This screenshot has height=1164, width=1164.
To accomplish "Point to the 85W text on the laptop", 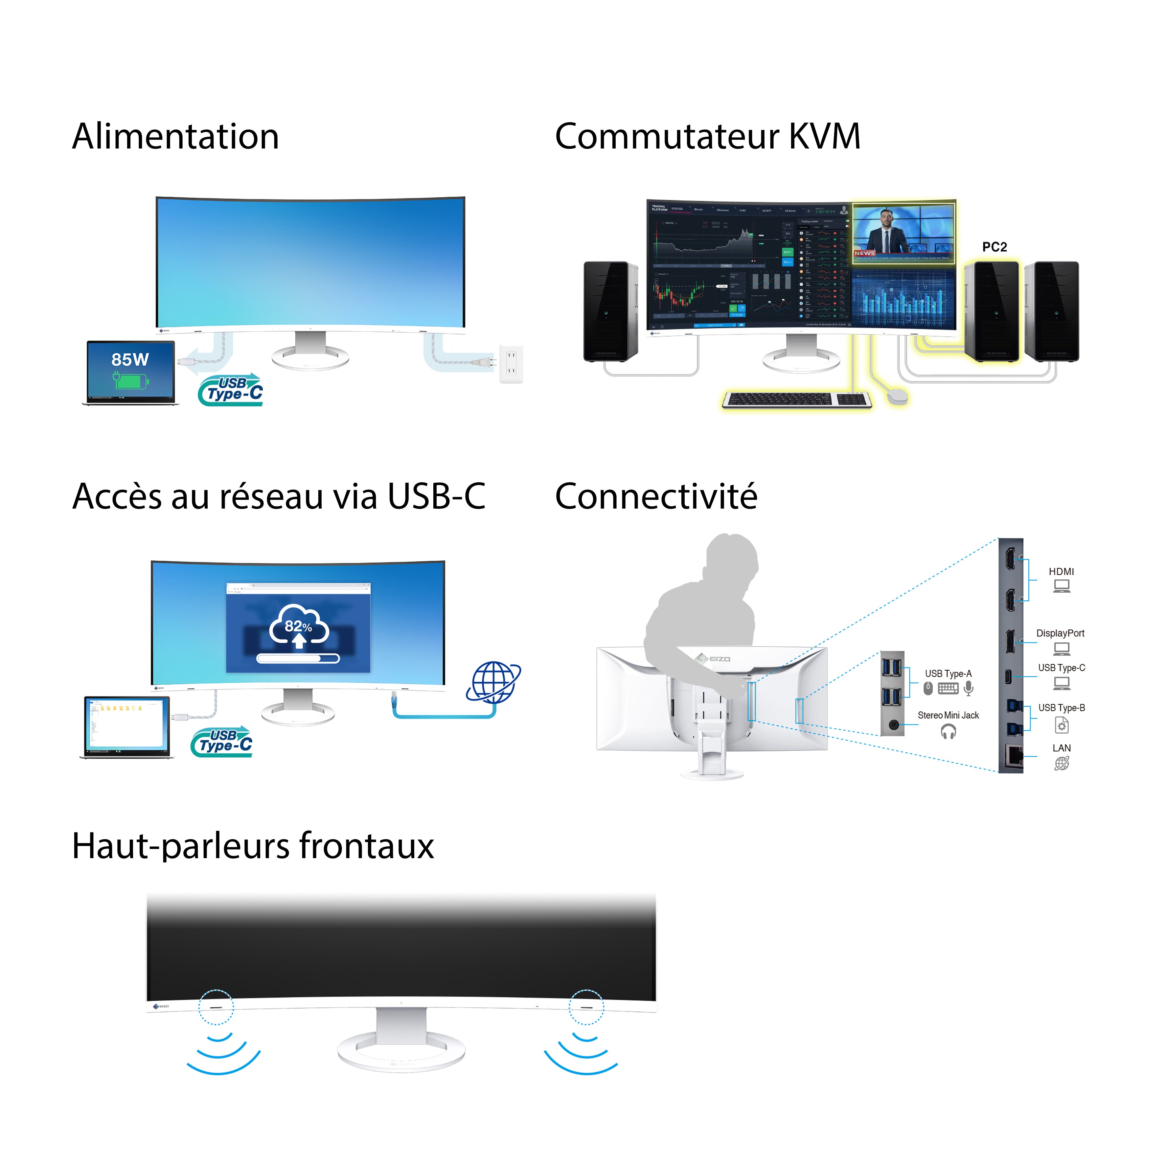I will coord(130,360).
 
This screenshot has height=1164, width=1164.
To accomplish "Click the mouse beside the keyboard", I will coord(897,396).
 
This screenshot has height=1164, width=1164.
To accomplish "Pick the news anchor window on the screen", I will coord(904,232).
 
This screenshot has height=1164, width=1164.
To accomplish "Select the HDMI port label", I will coord(1061,572).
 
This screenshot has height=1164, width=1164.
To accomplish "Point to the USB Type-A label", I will coord(948,673).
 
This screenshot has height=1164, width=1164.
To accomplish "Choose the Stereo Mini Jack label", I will coord(948,715).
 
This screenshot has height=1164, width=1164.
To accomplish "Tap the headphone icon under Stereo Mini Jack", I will coord(948,732).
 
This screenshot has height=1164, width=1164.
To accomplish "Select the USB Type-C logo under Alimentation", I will coord(231,390).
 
